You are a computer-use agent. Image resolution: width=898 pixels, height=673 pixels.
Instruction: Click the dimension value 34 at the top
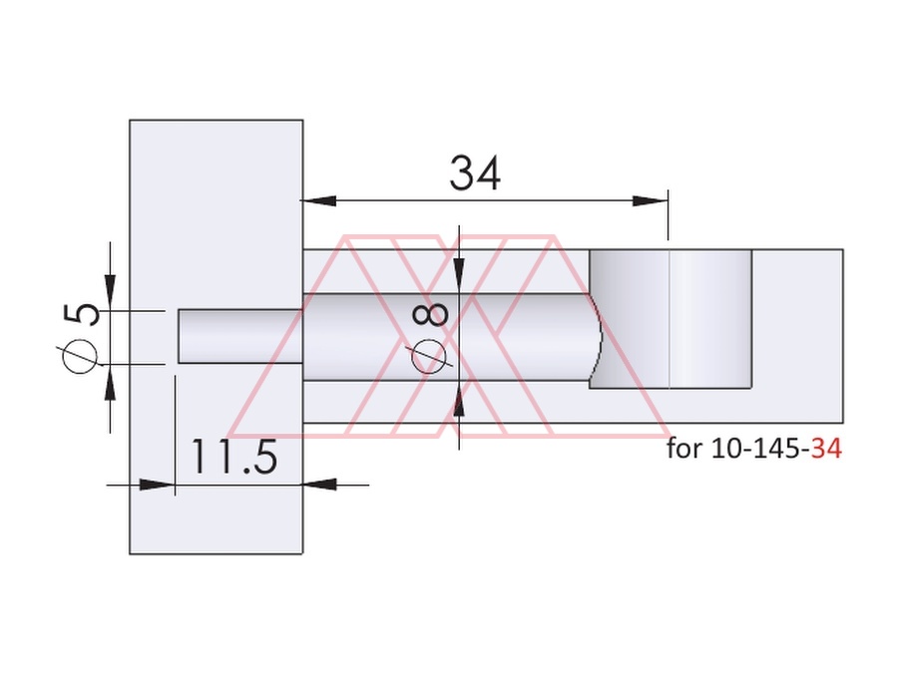tap(475, 172)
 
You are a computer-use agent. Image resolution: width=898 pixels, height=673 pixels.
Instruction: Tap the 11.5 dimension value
tap(233, 457)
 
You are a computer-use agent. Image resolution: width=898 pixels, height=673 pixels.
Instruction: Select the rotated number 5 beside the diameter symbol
tap(82, 315)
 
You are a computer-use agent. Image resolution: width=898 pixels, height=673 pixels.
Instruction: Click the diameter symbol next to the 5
tap(79, 355)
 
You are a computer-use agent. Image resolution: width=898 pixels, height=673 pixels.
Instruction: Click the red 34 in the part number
tap(826, 449)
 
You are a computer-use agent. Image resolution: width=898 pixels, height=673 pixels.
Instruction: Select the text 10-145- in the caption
tap(761, 449)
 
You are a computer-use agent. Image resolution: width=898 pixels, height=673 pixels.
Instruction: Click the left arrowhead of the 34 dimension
tap(318, 200)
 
